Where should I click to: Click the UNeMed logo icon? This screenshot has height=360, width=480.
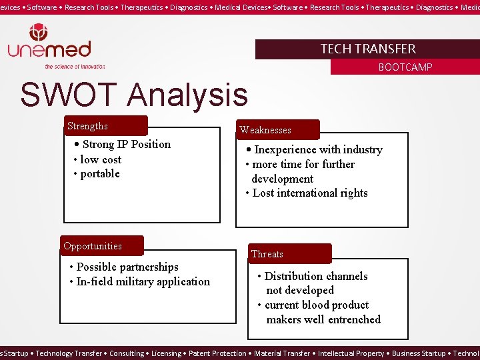click(x=38, y=33)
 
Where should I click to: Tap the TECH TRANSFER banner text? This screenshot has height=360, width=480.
click(x=367, y=49)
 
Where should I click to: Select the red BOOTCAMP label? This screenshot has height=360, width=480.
click(x=405, y=67)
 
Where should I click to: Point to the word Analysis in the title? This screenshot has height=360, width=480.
click(x=187, y=95)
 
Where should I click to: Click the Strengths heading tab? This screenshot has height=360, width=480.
click(x=87, y=126)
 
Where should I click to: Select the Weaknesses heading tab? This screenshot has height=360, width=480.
click(x=265, y=130)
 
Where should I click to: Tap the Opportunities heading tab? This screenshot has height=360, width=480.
click(x=93, y=246)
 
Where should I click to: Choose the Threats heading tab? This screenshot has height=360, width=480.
click(x=267, y=254)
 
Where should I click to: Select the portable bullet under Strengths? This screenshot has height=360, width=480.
click(x=99, y=174)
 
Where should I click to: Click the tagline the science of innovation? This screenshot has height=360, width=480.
click(x=75, y=67)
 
